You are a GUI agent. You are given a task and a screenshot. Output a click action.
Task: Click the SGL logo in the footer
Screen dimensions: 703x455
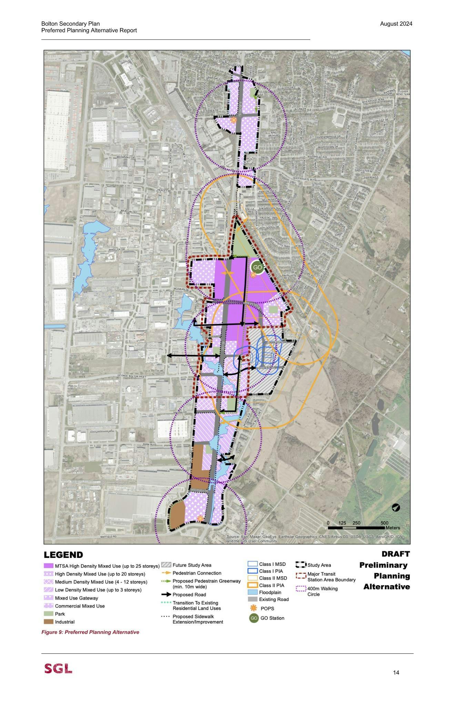coord(58,669)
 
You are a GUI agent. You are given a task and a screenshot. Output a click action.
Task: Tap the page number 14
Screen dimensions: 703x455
coord(396,672)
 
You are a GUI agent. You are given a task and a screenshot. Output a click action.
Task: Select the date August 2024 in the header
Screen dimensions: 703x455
coord(396,24)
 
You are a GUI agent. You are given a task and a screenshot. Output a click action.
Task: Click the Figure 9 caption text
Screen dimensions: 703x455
coord(90,632)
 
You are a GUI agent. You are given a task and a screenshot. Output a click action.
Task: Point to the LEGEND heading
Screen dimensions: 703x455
coord(63,555)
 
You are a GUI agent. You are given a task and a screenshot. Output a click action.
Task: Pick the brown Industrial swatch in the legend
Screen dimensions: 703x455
coord(49,622)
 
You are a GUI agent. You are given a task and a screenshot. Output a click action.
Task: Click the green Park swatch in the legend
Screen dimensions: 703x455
coord(49,614)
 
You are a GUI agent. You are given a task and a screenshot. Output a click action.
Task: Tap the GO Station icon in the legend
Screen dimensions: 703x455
coord(254,618)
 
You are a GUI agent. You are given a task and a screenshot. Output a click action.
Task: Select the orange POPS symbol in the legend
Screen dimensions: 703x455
coord(254,608)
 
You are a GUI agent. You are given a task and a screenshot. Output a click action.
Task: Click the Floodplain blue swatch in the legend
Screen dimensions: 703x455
coord(253,592)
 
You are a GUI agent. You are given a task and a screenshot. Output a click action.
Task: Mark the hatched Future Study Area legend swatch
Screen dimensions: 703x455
coord(166,565)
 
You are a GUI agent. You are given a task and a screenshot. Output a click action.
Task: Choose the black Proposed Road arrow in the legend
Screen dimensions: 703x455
coord(166,594)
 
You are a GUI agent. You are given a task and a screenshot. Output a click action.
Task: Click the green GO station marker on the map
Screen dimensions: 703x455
coord(257,267)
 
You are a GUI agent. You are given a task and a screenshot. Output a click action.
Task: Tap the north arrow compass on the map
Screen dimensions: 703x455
coord(396,507)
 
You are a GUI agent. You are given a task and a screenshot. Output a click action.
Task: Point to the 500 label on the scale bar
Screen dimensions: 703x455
coord(384,523)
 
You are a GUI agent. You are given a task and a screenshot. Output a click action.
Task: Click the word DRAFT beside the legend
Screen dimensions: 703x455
coord(395,554)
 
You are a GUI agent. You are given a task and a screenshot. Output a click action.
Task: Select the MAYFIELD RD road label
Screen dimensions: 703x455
coord(108,537)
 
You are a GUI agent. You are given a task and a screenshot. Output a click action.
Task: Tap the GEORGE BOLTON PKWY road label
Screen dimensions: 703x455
coord(132,376)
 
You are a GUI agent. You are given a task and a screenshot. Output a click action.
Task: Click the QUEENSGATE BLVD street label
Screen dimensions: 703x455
coord(304,179)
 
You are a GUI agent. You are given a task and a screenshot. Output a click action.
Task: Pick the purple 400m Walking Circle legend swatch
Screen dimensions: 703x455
coord(301,589)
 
